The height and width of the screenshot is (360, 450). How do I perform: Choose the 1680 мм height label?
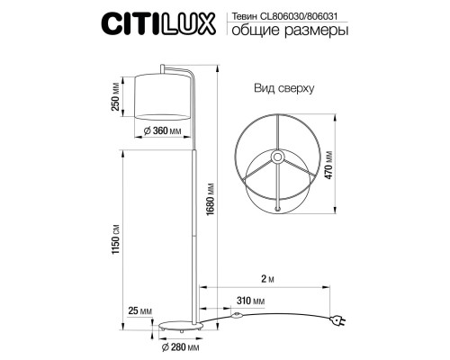pos(211,202)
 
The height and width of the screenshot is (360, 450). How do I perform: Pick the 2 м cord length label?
pos(262,279)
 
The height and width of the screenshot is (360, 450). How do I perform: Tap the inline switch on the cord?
pos(238,318)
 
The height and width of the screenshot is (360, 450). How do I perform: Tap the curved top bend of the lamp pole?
pos(184,69)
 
